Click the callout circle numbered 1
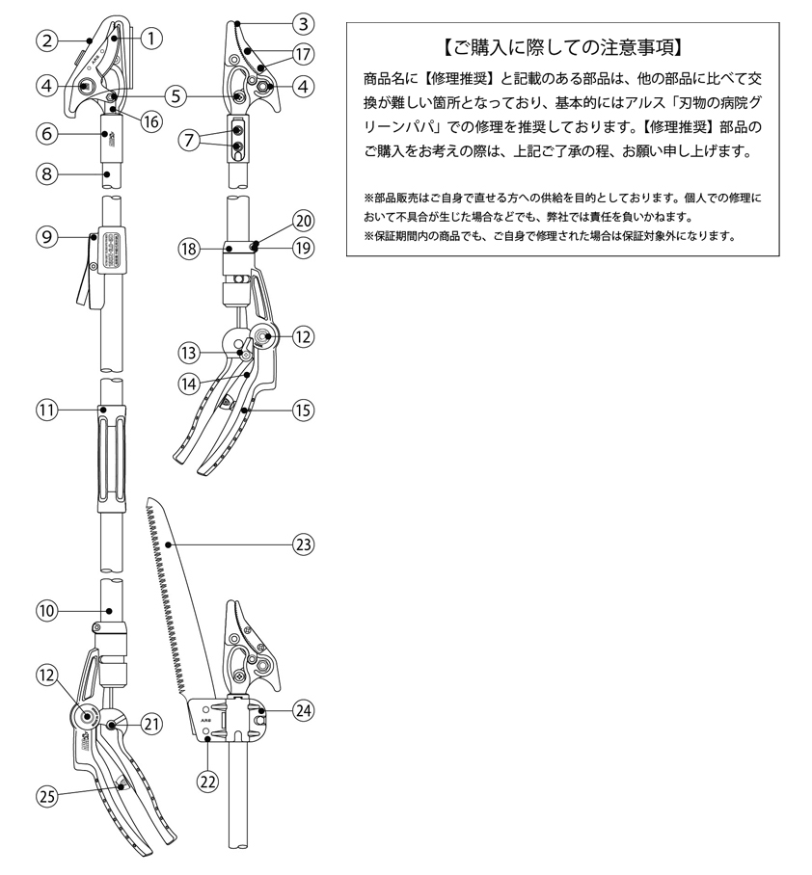coord(149,40)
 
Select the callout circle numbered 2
coord(46,40)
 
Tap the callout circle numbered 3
coord(304,23)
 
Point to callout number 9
coord(45,235)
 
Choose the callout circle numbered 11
coord(46,410)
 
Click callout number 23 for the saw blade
coord(304,544)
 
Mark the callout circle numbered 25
coord(46,795)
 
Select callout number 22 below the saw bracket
coord(207,781)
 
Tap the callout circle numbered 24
coord(304,712)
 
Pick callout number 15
coord(304,410)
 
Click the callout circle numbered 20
coord(304,221)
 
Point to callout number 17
coord(304,54)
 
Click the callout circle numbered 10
coord(46,610)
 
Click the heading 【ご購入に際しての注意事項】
coord(561,46)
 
